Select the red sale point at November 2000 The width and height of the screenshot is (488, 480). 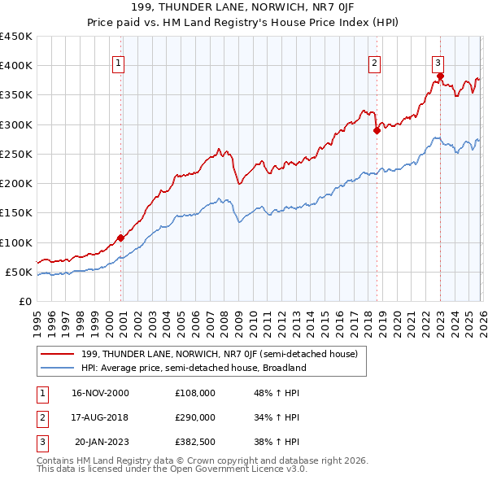(120, 238)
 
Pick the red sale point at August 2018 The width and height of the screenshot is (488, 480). (377, 130)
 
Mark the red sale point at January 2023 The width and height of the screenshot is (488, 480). (440, 76)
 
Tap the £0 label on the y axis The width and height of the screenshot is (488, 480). (24, 301)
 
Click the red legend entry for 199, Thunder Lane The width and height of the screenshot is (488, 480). (224, 354)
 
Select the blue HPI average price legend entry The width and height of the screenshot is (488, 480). (193, 368)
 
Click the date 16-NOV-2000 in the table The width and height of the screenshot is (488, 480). (100, 393)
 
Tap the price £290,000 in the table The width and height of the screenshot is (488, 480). (194, 417)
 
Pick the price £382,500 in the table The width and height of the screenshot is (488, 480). (194, 442)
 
